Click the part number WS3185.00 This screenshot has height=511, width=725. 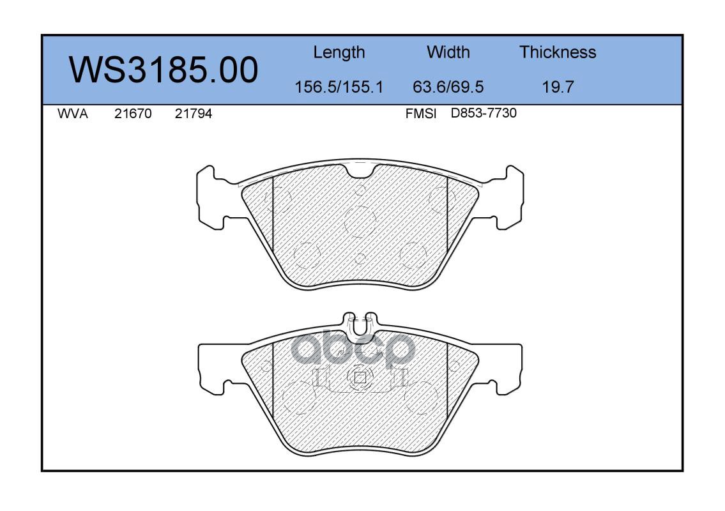pos(164,70)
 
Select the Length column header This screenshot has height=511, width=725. pos(339,52)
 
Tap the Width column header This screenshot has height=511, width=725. pos(448,52)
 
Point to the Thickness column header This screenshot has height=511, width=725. pos(558,52)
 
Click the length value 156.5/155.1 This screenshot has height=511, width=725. pos(339,86)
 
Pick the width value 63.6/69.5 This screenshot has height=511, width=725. pos(448,86)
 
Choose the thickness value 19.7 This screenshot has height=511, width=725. pos(558,86)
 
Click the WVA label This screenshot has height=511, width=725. pos(73,114)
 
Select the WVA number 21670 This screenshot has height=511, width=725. pos(133,114)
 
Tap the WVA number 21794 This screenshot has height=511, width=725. pos(194,114)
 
